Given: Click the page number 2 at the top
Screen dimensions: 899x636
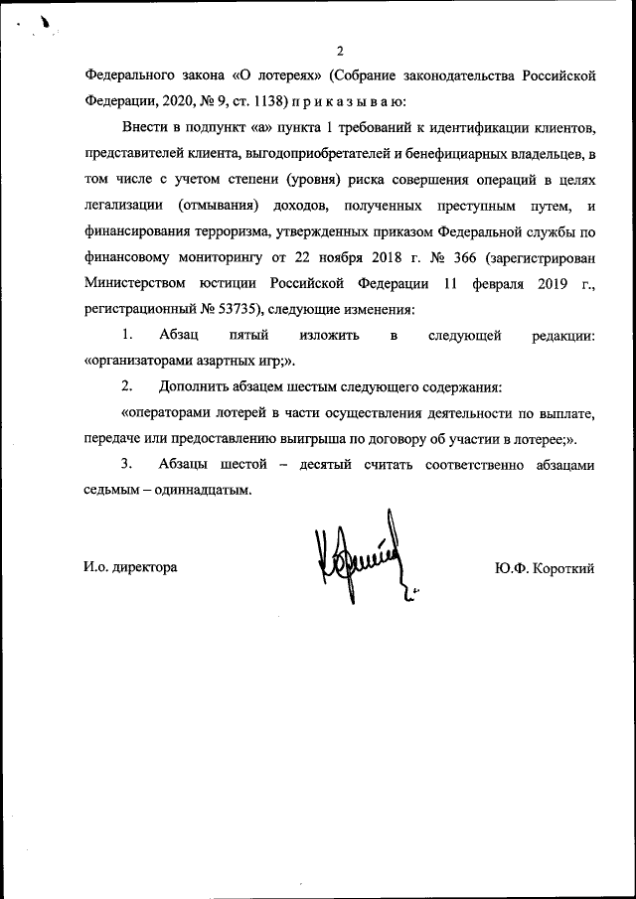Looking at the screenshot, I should pyautogui.click(x=339, y=51).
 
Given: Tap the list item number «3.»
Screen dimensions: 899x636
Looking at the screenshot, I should pyautogui.click(x=126, y=464).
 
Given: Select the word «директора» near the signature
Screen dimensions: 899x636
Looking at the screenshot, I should pyautogui.click(x=145, y=568).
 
